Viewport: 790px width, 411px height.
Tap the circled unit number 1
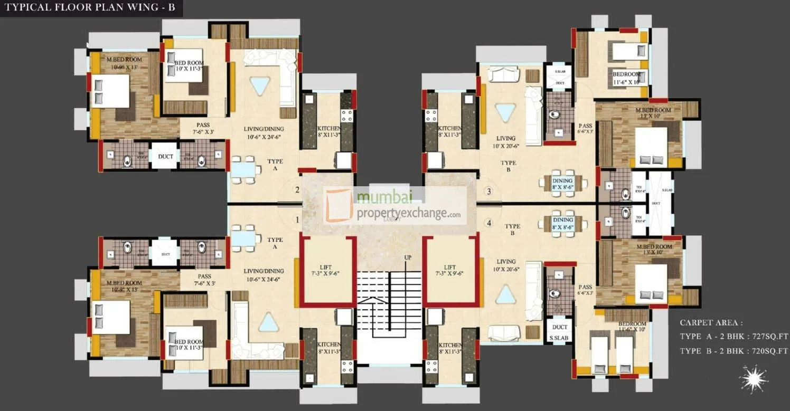(297, 219)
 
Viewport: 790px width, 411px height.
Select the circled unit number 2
(297, 190)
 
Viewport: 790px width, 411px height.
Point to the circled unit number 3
(489, 191)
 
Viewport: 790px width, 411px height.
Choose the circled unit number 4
(489, 223)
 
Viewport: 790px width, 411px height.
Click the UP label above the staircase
(393, 257)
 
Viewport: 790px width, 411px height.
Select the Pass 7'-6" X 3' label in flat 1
(204, 280)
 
